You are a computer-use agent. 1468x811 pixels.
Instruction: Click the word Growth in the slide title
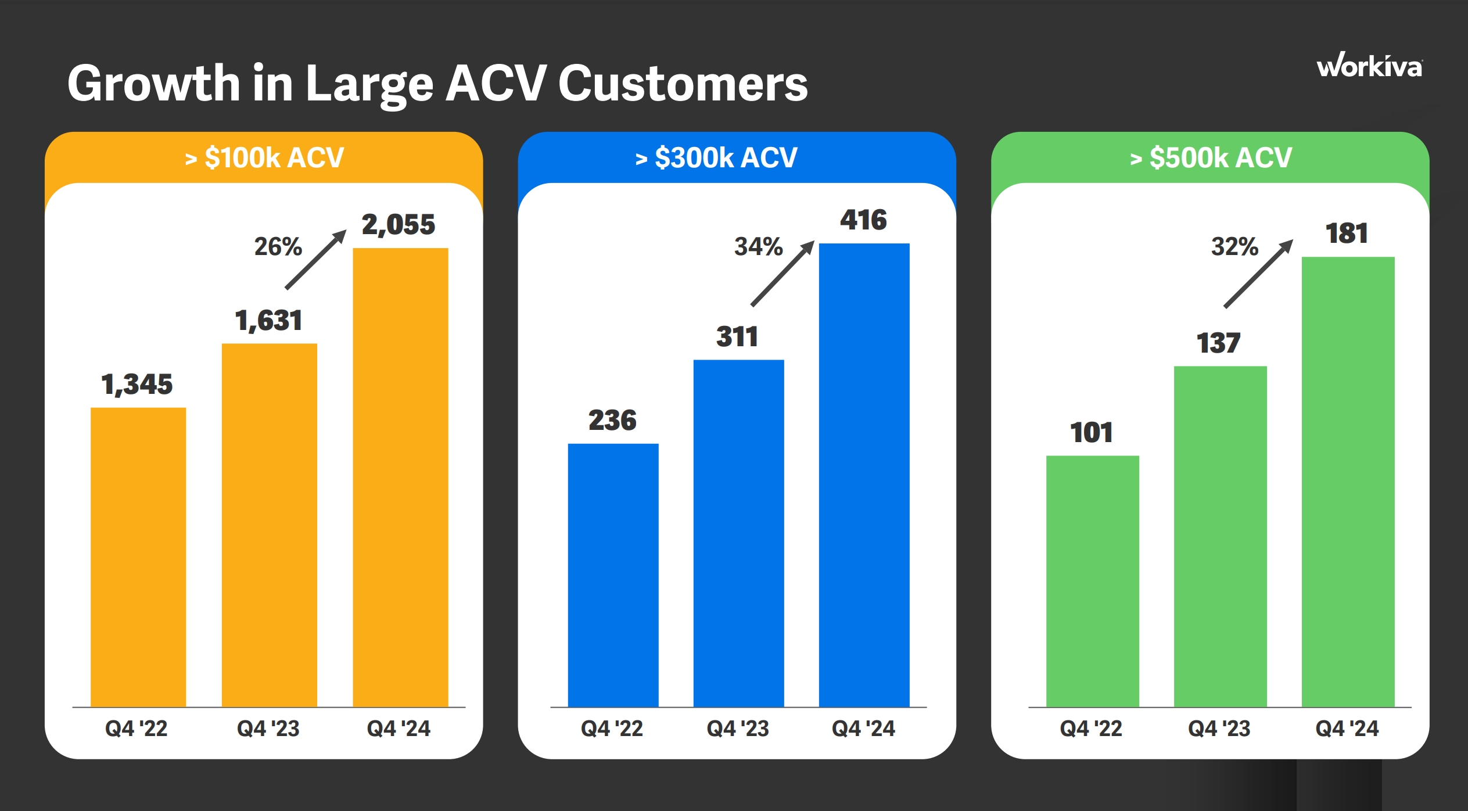tap(154, 83)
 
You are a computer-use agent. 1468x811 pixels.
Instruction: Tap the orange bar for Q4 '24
tap(400, 476)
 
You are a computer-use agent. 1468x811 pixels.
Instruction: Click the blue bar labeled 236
tap(613, 575)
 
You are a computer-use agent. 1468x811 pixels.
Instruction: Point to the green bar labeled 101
tap(1092, 580)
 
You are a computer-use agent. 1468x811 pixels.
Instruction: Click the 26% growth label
tap(278, 246)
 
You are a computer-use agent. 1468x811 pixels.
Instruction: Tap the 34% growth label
tap(758, 246)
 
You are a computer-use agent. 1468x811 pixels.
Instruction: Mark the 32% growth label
tap(1234, 246)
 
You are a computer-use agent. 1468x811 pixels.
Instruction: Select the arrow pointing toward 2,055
tap(316, 259)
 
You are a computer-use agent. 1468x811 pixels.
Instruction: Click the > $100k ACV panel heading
tap(264, 157)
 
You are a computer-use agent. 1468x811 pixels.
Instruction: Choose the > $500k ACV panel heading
tap(1211, 157)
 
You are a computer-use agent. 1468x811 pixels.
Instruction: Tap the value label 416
tap(863, 220)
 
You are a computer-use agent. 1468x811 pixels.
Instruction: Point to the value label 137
tap(1219, 343)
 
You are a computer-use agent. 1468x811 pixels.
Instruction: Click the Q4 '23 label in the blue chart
tap(738, 729)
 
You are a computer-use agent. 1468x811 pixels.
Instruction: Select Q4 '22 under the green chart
tap(1091, 729)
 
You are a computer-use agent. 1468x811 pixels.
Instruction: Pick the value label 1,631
tap(268, 321)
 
